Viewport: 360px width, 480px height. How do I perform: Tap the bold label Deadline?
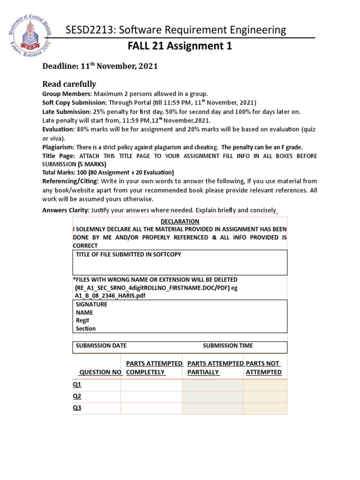pyautogui.click(x=61, y=67)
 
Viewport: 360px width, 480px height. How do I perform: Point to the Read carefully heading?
pyautogui.click(x=69, y=84)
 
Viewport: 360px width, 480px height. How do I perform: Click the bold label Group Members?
pyautogui.click(x=67, y=94)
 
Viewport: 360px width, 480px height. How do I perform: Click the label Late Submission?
pyautogui.click(x=67, y=112)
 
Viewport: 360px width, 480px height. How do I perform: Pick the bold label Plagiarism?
pyautogui.click(x=58, y=147)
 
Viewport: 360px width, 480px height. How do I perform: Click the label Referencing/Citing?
pyautogui.click(x=70, y=181)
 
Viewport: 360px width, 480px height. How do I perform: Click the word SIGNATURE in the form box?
pyautogui.click(x=91, y=304)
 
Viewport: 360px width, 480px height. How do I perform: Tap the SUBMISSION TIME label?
pyautogui.click(x=227, y=345)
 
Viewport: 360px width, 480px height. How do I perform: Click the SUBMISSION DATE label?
pyautogui.click(x=101, y=345)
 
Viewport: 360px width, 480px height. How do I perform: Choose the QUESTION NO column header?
pyautogui.click(x=101, y=372)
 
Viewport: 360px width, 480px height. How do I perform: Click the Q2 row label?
pyautogui.click(x=77, y=396)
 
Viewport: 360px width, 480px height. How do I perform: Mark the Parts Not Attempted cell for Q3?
pyautogui.click(x=265, y=408)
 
